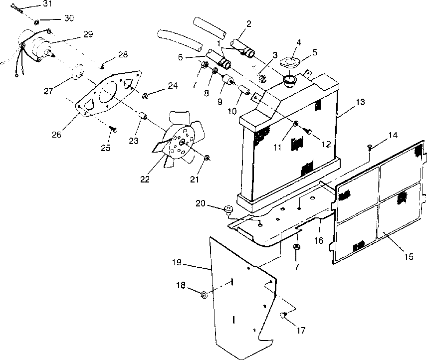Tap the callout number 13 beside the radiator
point(360,102)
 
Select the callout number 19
point(177,262)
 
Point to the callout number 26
point(57,134)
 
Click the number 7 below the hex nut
point(297,266)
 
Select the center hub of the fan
point(182,142)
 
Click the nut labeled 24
point(145,96)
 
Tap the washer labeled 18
point(204,295)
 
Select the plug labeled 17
point(284,316)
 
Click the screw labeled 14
point(370,148)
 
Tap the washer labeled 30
point(37,21)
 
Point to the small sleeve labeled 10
point(244,90)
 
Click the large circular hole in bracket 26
point(108,93)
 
